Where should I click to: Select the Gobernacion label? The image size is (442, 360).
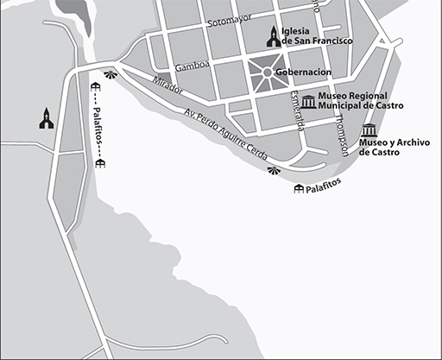coord(303,72)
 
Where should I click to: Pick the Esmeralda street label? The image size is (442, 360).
coord(297,111)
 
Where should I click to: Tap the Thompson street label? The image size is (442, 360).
coord(346,135)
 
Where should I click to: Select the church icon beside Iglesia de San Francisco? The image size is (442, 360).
coord(274,36)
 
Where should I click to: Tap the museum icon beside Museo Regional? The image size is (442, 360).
coord(307,99)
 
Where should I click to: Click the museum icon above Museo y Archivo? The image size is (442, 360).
coord(370,131)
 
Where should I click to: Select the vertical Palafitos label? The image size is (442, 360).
coord(98,126)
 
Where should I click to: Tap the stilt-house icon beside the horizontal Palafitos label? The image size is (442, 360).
coord(299,188)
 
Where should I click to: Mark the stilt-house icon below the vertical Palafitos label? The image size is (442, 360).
coord(100,165)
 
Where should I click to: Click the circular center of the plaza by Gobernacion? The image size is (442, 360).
coord(267,72)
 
